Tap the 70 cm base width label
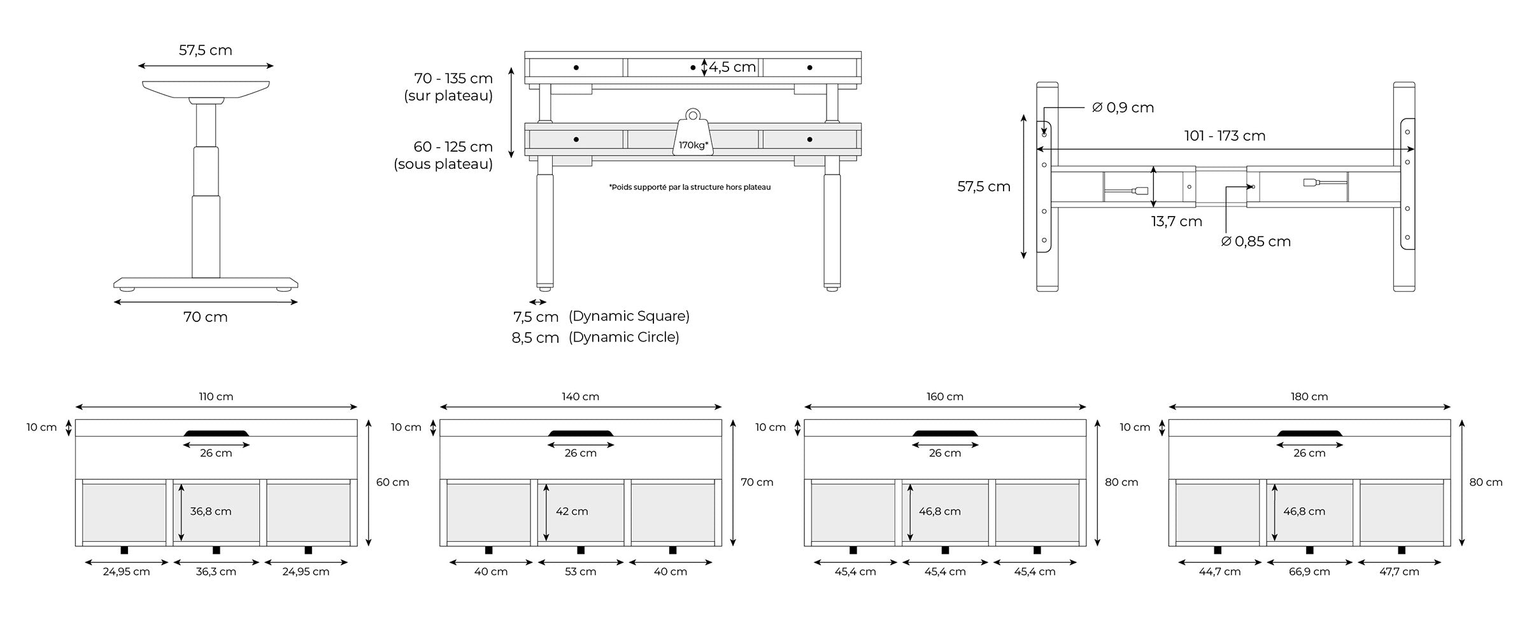coord(205,317)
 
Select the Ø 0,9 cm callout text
coord(1123,108)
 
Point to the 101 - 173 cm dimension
coord(1224,136)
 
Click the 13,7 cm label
coord(1176,222)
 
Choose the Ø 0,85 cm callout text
coord(1256,242)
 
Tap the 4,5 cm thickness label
coord(732,68)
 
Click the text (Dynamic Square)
coord(629,316)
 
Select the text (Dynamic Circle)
coord(623,337)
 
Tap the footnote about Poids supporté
coord(690,187)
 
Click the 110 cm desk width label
coord(216,396)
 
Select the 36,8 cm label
coord(210,511)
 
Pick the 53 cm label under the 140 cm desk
coord(580,572)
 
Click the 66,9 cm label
coord(1309,572)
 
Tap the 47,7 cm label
coord(1398,572)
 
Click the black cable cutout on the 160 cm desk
coord(945,433)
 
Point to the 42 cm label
coord(571,511)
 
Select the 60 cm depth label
coord(392,482)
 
